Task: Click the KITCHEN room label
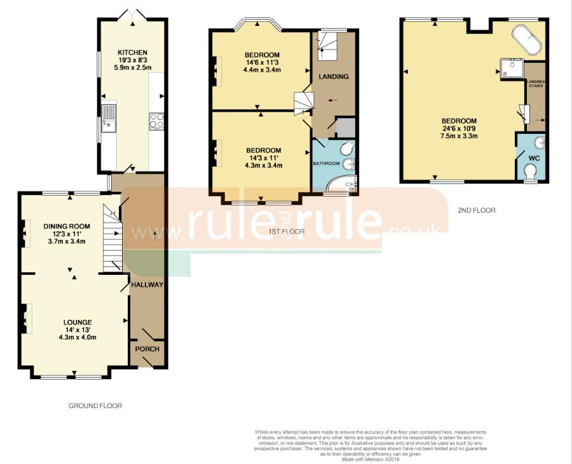(133, 52)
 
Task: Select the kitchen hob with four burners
(156, 120)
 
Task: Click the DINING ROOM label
(67, 226)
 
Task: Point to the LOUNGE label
(78, 322)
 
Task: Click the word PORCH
(147, 349)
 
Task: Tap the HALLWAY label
(147, 285)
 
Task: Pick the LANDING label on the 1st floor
(334, 77)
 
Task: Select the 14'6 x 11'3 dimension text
(262, 63)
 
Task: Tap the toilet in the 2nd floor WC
(530, 171)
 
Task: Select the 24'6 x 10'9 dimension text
(459, 129)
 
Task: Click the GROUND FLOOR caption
(95, 406)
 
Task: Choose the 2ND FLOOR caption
(476, 209)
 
